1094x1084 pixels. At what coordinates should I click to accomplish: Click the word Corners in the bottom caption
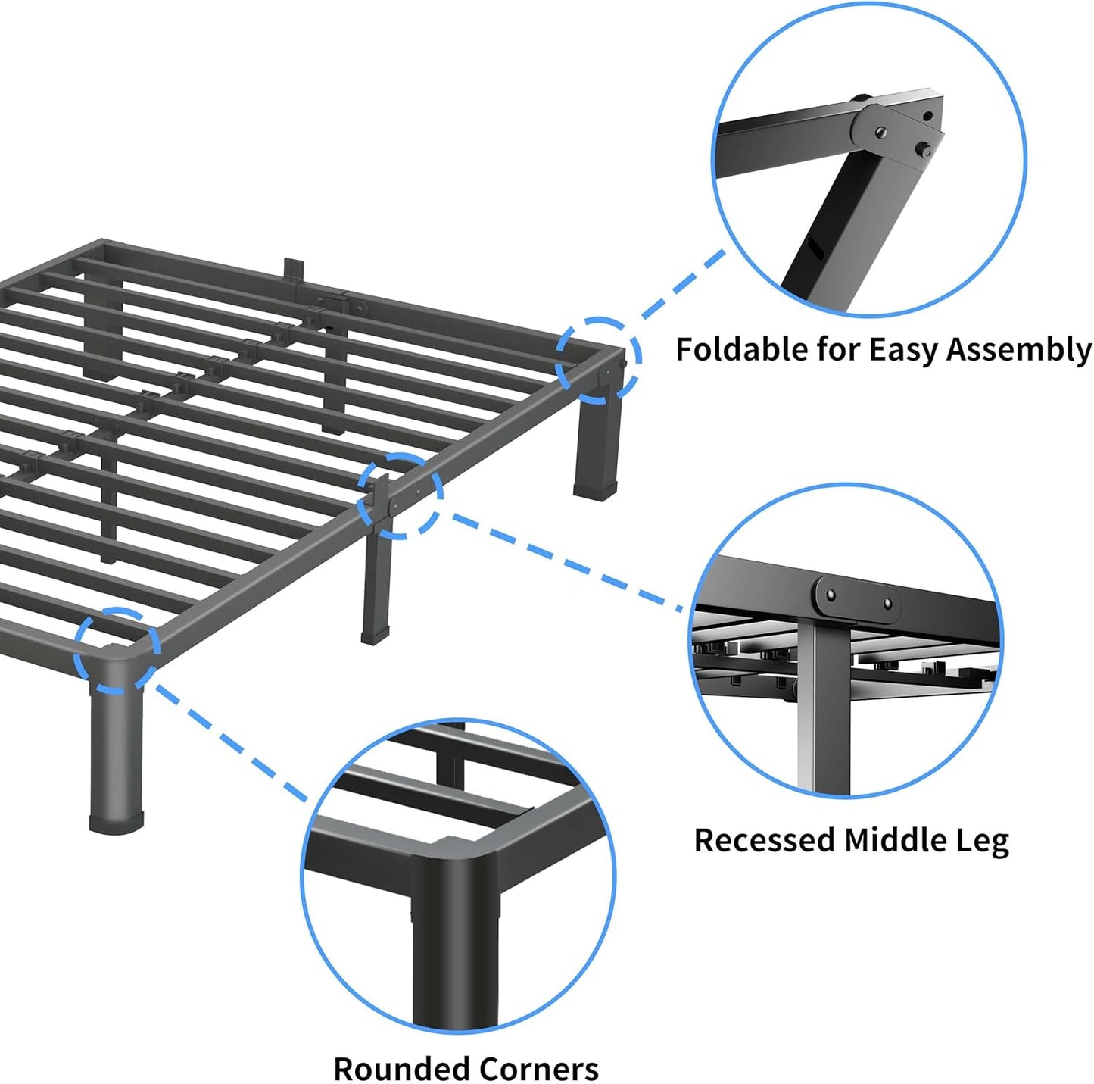point(539,1069)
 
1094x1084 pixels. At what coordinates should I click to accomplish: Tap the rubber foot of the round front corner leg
point(116,823)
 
